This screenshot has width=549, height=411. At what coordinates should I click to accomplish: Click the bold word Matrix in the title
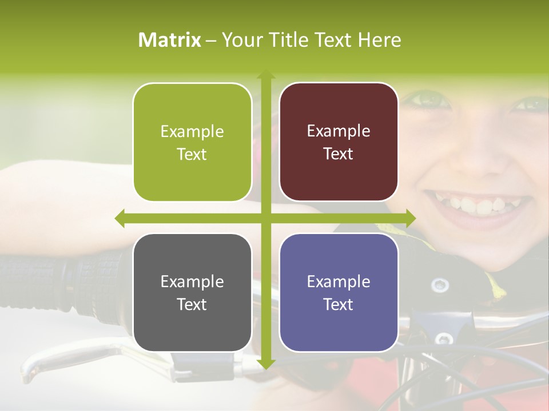pos(170,40)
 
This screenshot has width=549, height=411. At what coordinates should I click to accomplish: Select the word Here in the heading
pos(380,40)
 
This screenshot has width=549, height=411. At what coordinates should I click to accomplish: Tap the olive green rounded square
pos(192,142)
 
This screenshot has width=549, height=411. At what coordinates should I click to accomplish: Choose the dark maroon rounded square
pos(339,142)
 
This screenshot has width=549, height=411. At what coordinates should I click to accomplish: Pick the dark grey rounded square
pos(192,292)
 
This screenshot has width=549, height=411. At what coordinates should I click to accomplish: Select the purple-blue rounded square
pos(339,292)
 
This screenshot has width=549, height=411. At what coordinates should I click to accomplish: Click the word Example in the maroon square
pos(339,131)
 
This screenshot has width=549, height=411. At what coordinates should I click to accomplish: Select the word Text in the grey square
pos(192,304)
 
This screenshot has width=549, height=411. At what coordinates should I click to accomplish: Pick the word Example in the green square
pos(192,131)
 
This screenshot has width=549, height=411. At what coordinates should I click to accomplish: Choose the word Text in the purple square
pos(339,304)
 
